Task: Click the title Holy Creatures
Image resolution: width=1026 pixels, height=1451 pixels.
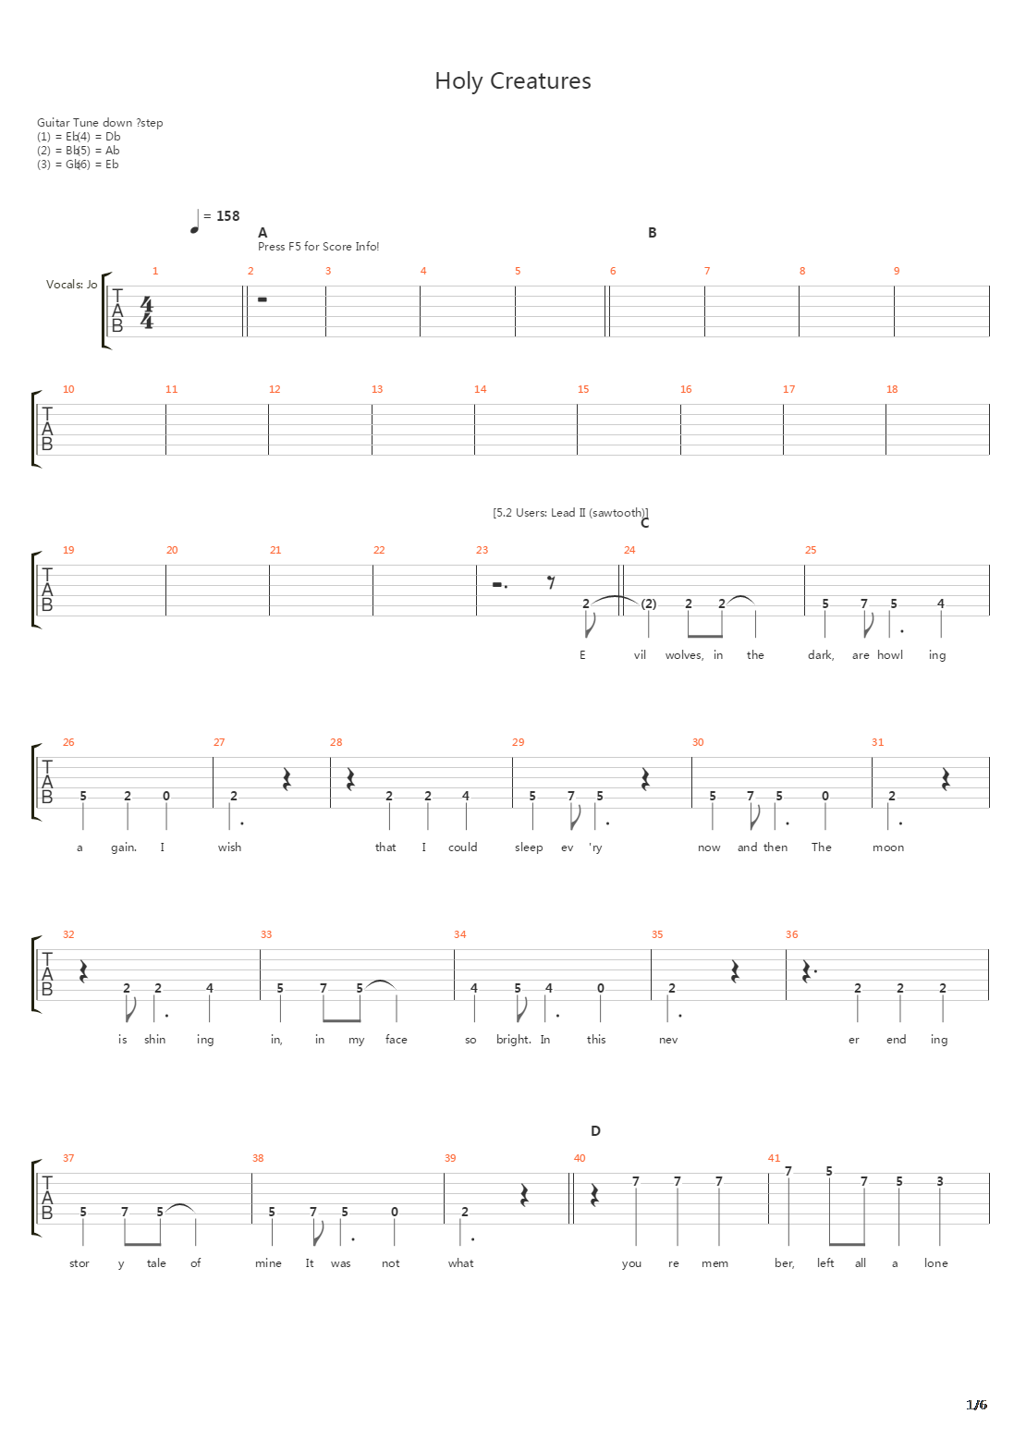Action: tap(513, 81)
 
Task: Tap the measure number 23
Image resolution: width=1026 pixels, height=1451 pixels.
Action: tap(482, 550)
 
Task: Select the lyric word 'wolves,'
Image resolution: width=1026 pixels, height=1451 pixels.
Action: tap(684, 655)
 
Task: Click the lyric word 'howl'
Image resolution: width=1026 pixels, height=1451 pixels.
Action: tap(890, 655)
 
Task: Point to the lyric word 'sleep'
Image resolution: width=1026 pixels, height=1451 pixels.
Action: tap(529, 847)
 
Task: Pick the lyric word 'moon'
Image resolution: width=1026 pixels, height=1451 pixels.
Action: tap(888, 847)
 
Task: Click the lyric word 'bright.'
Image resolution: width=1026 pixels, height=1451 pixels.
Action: tap(514, 1040)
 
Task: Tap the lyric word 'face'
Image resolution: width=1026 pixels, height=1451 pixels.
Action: tap(396, 1040)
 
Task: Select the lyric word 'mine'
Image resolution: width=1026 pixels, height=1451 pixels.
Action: tap(268, 1263)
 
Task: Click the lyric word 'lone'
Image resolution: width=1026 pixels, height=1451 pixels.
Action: tap(935, 1263)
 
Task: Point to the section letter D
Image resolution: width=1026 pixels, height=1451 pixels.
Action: tap(595, 1131)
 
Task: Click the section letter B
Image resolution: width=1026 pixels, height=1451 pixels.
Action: tap(652, 233)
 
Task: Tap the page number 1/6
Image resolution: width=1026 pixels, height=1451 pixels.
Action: tap(976, 1405)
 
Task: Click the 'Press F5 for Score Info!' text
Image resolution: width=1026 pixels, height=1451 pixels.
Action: tap(318, 247)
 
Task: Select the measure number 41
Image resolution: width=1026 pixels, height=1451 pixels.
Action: tap(774, 1158)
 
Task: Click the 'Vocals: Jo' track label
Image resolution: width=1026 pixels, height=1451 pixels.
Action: tap(71, 285)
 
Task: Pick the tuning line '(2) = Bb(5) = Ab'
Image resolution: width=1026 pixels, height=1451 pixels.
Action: tap(79, 151)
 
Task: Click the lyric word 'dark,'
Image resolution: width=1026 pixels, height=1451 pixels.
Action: tap(821, 655)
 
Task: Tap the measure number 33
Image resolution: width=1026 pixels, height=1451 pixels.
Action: tap(266, 934)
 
